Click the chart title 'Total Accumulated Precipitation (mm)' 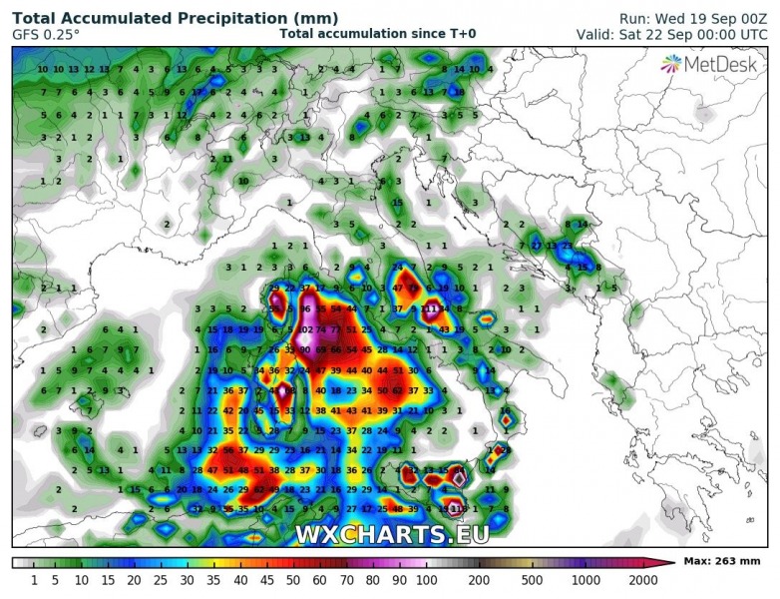pos(175,18)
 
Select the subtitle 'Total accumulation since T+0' pos(377,34)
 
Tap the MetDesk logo pos(711,64)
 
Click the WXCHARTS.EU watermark pos(391,534)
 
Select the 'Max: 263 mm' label pos(722,563)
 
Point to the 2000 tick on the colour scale pos(644,580)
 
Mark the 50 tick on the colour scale pos(292,580)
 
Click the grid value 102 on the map pos(305,329)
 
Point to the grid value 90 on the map pos(305,349)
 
